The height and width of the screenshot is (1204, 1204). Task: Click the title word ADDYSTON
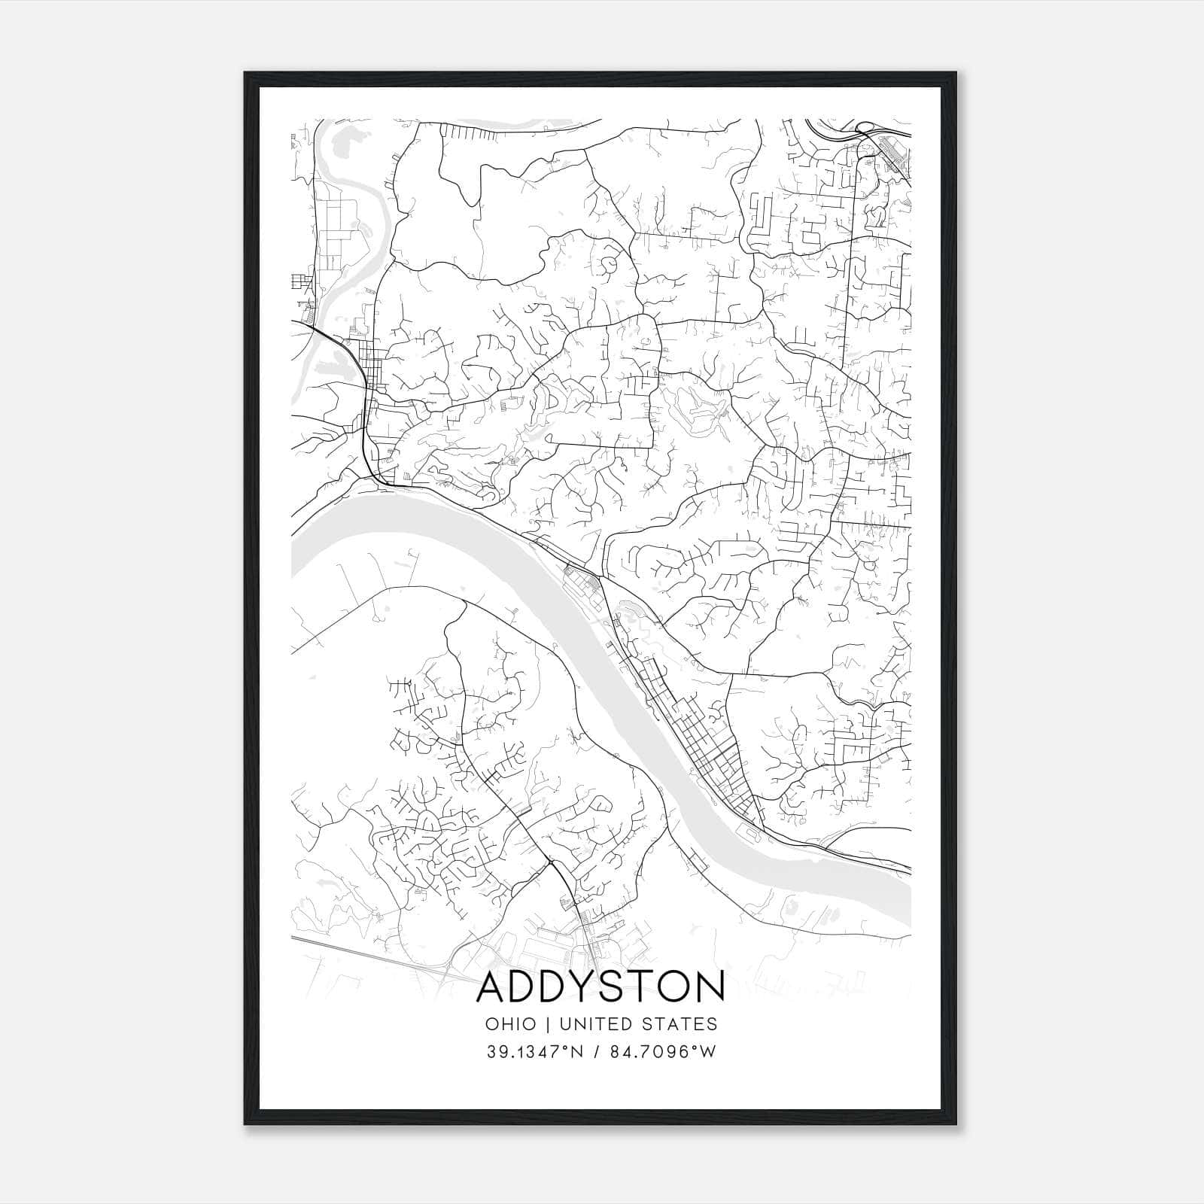coord(600,987)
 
